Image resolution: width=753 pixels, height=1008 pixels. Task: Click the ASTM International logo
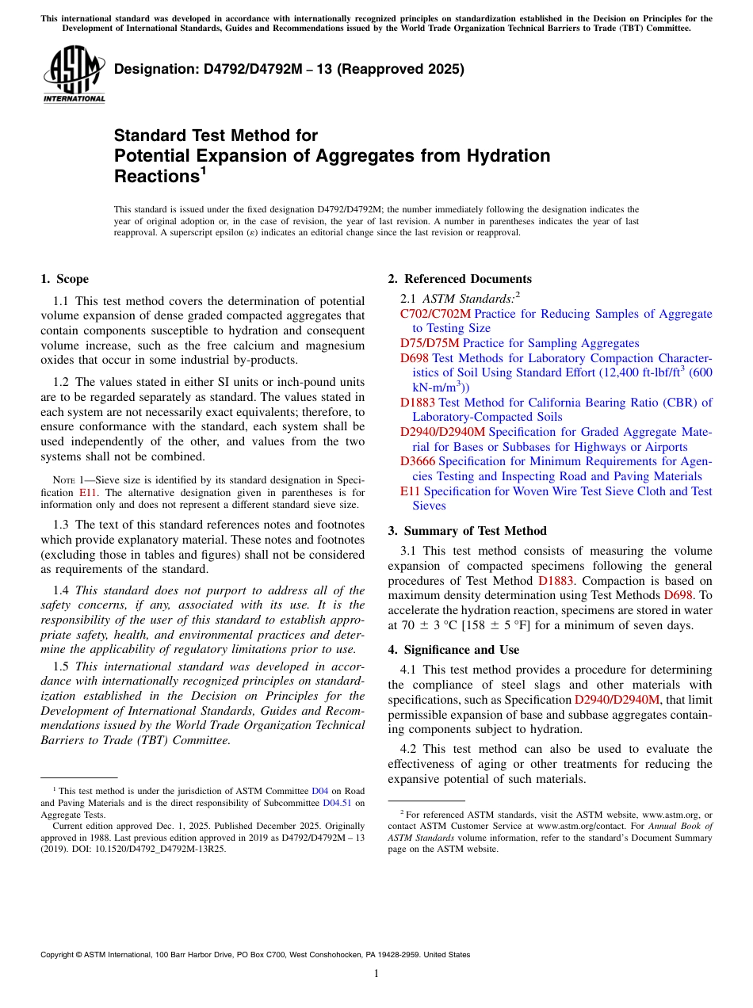[74, 74]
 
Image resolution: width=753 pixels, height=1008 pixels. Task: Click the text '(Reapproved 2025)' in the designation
[411, 69]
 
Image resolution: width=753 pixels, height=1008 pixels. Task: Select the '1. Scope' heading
[64, 279]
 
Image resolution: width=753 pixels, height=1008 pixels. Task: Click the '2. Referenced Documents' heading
[460, 279]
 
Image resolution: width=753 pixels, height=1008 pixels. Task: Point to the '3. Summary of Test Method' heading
[467, 531]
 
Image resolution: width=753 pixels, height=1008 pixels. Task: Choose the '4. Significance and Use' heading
[453, 650]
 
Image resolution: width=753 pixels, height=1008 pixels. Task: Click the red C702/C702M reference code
[435, 314]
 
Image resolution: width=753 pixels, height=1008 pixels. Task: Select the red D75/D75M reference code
[430, 343]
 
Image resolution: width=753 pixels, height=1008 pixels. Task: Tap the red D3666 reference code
[418, 461]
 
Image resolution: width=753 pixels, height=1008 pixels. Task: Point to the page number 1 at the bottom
[376, 974]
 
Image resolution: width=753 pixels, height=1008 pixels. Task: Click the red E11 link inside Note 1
[88, 493]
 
